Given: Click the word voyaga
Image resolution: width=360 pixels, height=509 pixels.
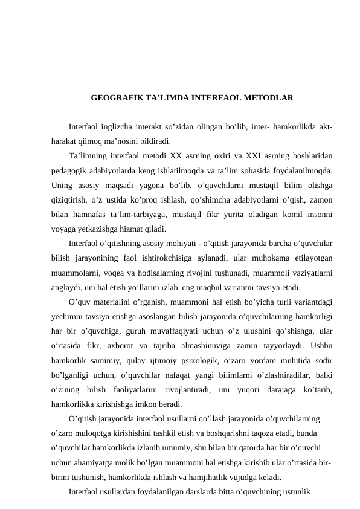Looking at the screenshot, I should pyautogui.click(x=63, y=230).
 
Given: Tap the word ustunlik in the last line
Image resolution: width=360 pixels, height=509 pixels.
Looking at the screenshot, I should pyautogui.click(x=295, y=491).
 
